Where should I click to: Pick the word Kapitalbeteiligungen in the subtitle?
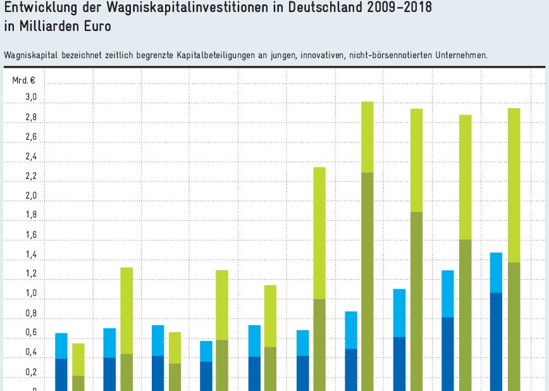point(219,55)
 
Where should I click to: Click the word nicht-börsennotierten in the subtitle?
point(382,55)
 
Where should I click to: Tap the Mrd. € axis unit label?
point(23,80)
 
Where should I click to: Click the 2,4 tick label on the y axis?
point(31,156)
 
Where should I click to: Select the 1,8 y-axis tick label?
point(31,215)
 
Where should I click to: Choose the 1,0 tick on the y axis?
point(31,294)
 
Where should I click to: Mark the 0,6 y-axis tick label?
point(31,333)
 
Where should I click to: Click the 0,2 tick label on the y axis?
point(31,372)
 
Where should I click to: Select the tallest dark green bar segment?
point(367,282)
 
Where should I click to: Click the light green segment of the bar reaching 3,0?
point(367,137)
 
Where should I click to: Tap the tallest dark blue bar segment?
point(497,342)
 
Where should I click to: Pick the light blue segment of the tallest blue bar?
point(497,273)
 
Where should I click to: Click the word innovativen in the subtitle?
point(321,55)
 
